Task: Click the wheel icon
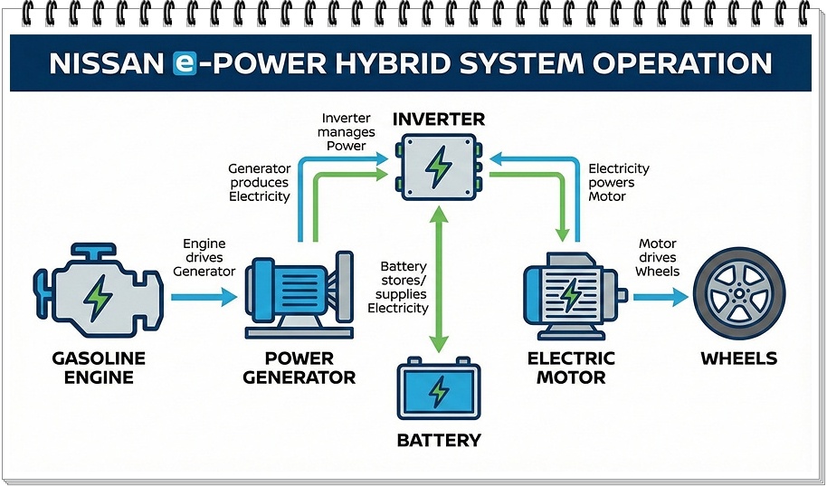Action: (737, 294)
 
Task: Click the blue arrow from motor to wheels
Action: (659, 296)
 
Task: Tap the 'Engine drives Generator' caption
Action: (204, 257)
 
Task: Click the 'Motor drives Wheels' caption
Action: (658, 257)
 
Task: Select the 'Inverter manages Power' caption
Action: (345, 132)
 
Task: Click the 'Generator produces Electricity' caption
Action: (259, 183)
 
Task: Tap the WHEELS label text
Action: (738, 358)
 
